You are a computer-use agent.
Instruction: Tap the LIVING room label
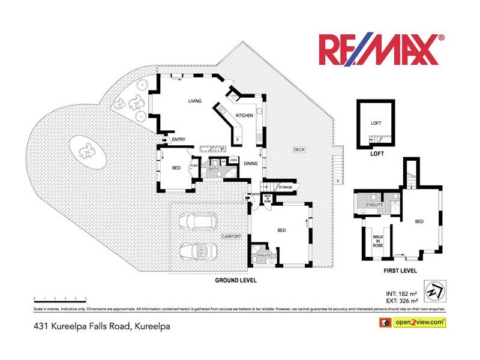click(x=194, y=101)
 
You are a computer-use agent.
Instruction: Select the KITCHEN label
click(x=244, y=115)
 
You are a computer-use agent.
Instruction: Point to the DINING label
click(x=251, y=163)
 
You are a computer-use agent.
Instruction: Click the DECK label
click(x=299, y=149)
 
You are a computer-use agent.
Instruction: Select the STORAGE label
click(x=285, y=188)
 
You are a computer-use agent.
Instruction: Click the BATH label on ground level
click(x=213, y=169)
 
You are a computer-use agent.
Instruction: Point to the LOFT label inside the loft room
click(x=376, y=123)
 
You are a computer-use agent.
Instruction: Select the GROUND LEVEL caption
click(x=235, y=280)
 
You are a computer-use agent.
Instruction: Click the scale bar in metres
click(x=60, y=298)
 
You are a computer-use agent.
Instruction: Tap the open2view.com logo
click(x=414, y=323)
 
